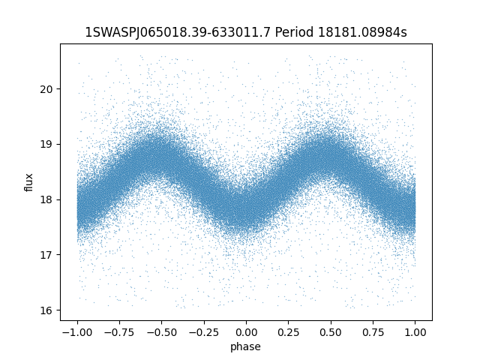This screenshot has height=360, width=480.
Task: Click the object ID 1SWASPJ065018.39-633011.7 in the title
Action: [178, 32]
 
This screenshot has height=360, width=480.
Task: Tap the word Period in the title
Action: [294, 32]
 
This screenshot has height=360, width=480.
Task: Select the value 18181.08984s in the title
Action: [362, 32]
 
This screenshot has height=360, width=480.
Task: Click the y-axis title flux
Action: [28, 182]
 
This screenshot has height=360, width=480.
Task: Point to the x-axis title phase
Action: [245, 346]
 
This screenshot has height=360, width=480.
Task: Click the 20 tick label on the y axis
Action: [46, 89]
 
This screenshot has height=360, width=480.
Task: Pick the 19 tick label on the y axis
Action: [46, 144]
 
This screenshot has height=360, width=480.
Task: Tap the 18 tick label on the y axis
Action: [46, 199]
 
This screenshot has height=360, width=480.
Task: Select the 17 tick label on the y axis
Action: [46, 255]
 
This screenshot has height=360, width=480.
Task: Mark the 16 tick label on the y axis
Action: [46, 310]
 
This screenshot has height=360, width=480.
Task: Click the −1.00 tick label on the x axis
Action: [77, 332]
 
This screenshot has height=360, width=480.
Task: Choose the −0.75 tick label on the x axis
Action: [119, 332]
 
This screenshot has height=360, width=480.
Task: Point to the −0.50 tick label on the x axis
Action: [162, 332]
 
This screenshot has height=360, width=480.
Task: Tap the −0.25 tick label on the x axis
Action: [204, 332]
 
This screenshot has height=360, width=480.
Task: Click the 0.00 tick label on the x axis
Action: [246, 332]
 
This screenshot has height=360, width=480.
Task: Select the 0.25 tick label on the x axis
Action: [288, 332]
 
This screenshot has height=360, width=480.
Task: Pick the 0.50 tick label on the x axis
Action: [331, 332]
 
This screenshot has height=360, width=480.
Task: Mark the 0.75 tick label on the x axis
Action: [373, 332]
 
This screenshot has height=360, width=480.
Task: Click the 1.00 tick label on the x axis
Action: [415, 332]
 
